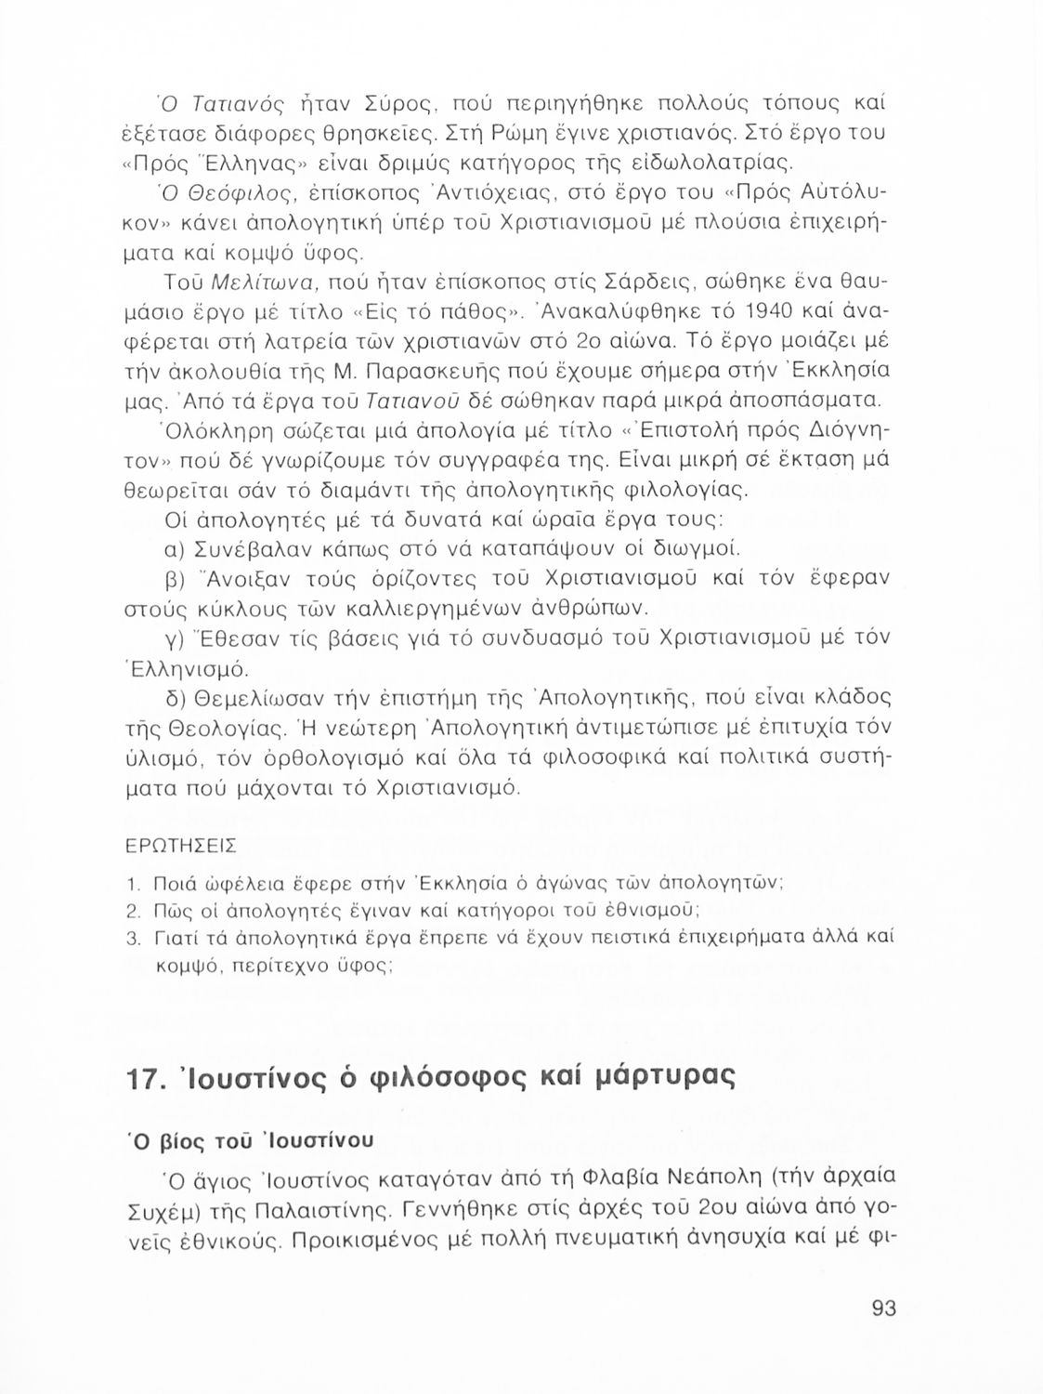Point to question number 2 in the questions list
tap(131, 910)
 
